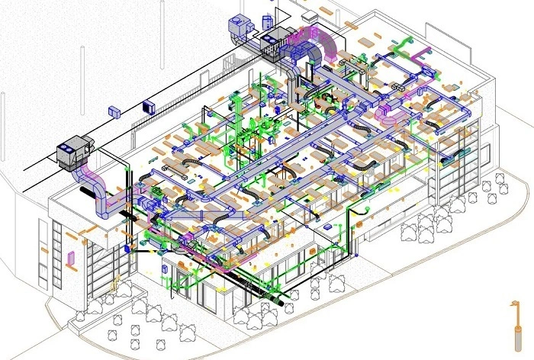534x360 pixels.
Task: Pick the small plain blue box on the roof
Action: point(115,112)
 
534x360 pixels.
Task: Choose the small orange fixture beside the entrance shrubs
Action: point(117,289)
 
